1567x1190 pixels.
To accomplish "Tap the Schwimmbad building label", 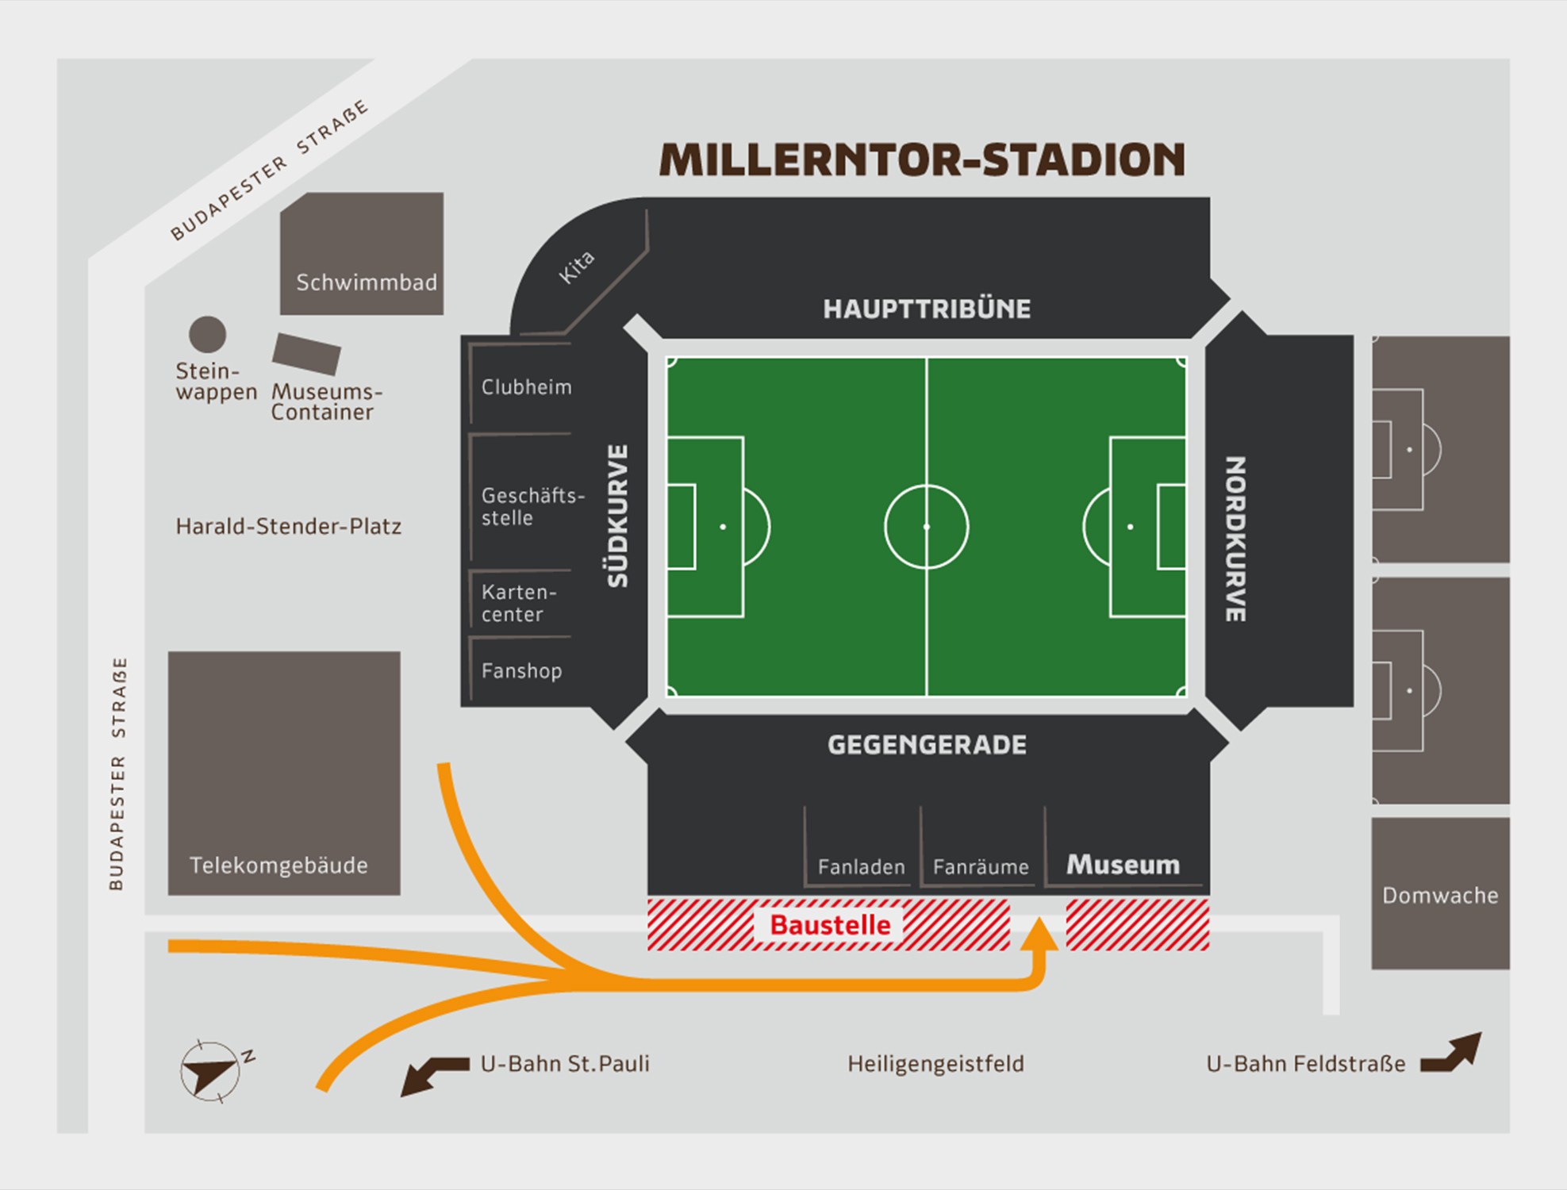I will (x=366, y=282).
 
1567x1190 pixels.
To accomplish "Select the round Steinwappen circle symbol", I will (x=207, y=334).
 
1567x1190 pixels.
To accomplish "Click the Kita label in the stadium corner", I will (x=576, y=267).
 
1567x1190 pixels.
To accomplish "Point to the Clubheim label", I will (x=526, y=387).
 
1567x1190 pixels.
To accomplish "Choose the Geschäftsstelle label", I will (x=532, y=506).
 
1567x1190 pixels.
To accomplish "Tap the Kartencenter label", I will (x=519, y=603).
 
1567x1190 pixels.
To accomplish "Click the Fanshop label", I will (x=521, y=671).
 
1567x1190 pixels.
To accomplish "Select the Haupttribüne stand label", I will (x=927, y=309).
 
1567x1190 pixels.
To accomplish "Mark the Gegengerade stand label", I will (x=927, y=745).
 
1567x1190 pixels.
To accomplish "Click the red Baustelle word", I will (x=830, y=925).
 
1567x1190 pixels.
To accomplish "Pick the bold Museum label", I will (x=1123, y=865).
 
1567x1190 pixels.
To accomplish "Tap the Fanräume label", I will (x=981, y=867).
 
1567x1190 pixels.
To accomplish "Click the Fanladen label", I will (x=861, y=867).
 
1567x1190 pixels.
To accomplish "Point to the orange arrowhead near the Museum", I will (x=1039, y=934).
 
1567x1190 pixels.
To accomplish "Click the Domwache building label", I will (x=1440, y=896).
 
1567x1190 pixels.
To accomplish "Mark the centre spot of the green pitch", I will (x=926, y=527).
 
